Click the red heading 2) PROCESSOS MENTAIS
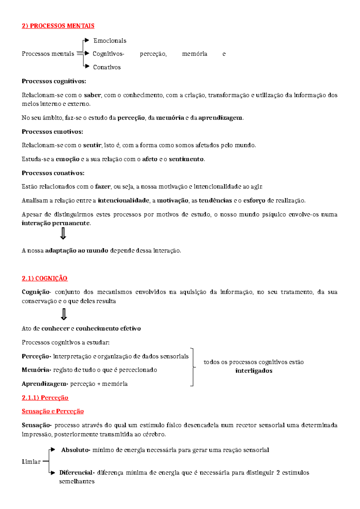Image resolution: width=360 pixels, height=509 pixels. click(x=58, y=26)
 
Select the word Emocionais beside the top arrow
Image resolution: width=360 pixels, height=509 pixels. click(x=110, y=41)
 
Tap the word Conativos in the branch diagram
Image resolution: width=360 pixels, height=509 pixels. click(x=107, y=67)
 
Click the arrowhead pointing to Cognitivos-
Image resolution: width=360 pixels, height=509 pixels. click(x=87, y=53)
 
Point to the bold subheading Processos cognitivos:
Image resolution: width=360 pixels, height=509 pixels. click(x=54, y=81)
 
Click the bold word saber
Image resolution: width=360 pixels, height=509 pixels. click(x=92, y=95)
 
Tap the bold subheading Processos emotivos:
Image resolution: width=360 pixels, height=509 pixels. click(x=52, y=131)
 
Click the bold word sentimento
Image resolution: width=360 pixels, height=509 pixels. click(x=186, y=159)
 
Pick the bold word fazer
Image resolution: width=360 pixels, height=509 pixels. click(x=103, y=187)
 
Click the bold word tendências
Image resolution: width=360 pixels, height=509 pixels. click(x=215, y=200)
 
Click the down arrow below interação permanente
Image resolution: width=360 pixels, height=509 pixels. click(x=63, y=233)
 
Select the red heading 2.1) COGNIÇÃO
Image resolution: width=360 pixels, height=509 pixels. click(x=44, y=278)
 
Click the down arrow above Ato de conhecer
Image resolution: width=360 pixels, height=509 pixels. click(x=64, y=315)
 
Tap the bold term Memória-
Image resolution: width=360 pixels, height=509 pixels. click(x=36, y=370)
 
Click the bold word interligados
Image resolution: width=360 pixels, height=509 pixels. click(x=254, y=371)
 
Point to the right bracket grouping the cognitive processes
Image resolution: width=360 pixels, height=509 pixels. click(x=193, y=367)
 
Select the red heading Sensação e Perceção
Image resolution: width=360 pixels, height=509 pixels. click(x=52, y=411)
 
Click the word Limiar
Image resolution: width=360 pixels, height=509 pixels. click(x=31, y=462)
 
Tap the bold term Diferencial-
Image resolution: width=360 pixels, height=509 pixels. click(x=77, y=472)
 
